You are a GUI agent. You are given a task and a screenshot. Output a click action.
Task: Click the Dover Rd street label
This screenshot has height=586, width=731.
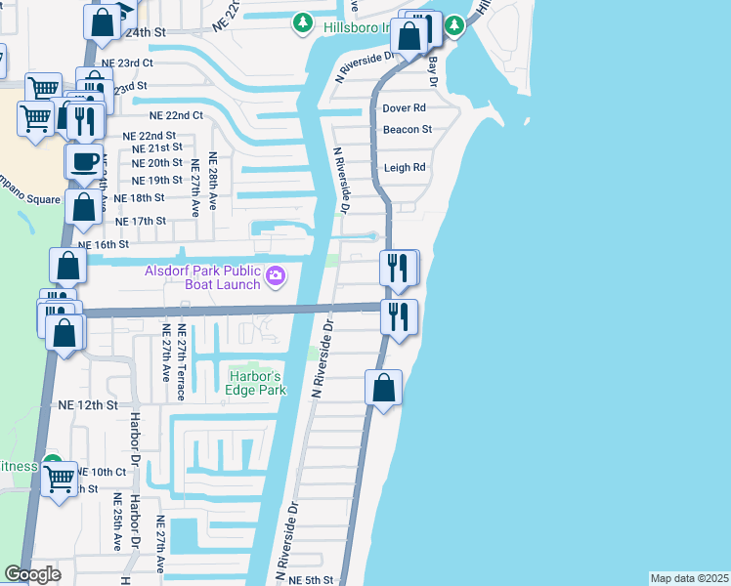point(405,108)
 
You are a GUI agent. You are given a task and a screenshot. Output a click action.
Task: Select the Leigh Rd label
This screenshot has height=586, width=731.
point(405,168)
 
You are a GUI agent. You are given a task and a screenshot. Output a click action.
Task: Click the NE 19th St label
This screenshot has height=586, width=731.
point(156,180)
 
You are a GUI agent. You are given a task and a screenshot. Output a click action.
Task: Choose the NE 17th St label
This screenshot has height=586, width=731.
point(141,221)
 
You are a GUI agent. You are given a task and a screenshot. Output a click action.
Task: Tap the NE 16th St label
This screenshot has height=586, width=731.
point(104,245)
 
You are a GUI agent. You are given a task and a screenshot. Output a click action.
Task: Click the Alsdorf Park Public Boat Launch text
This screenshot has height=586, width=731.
point(203,277)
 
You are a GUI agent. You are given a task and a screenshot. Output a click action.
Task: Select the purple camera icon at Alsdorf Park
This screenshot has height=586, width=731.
point(276,277)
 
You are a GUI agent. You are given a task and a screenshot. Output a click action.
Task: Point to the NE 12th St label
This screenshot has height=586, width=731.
point(88,404)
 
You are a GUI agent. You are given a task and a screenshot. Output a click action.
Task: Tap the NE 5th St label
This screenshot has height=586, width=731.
point(311,580)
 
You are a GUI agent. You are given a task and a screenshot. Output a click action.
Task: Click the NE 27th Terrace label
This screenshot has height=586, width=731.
point(181,362)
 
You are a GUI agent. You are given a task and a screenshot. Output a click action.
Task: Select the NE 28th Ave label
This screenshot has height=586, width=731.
point(211,186)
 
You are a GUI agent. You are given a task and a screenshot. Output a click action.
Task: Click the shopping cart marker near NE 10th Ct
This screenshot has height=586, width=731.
point(61,479)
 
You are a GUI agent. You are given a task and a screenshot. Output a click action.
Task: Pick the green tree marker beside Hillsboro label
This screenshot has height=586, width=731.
point(304,22)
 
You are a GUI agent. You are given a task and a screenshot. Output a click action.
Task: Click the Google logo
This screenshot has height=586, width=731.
point(32,574)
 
